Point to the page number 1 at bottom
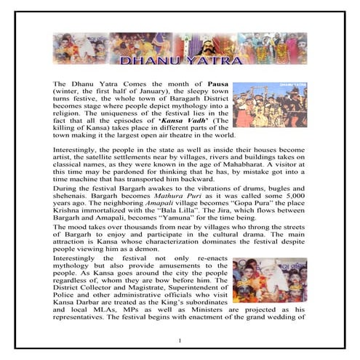pyautogui.click(x=180, y=340)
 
